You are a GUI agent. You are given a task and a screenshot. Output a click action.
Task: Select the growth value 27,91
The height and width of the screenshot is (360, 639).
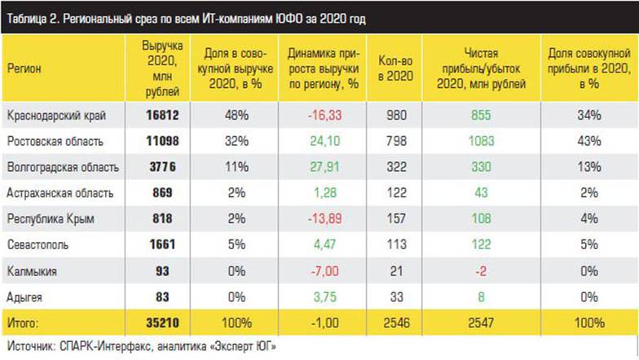[324, 167]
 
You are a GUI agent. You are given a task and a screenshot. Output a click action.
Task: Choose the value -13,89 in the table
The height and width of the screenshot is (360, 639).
[324, 219]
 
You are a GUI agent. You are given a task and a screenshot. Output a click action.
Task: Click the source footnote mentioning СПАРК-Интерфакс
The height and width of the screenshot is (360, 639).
[142, 346]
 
